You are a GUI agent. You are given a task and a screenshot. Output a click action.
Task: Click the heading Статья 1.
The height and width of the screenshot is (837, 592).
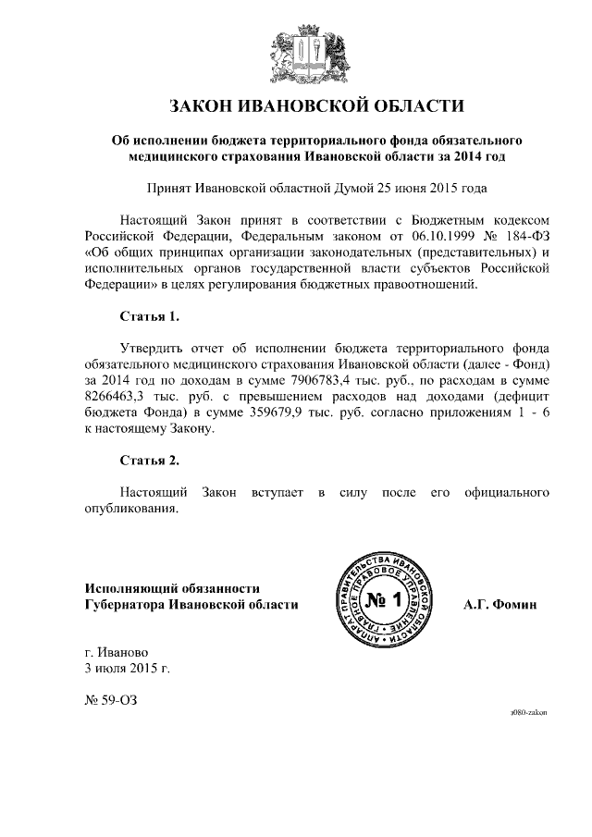click(x=149, y=316)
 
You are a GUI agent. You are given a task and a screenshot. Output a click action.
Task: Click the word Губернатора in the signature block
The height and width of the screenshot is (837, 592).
click(x=131, y=604)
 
